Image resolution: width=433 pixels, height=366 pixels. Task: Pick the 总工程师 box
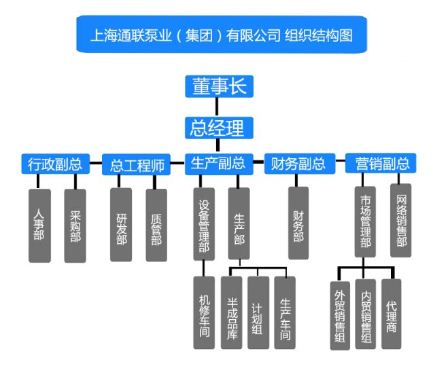click(x=137, y=164)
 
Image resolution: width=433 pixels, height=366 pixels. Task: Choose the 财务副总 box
click(x=298, y=164)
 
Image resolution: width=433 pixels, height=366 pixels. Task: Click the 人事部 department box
click(x=39, y=225)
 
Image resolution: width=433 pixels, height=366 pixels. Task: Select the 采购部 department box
click(x=75, y=225)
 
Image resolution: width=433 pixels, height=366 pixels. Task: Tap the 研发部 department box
click(x=121, y=225)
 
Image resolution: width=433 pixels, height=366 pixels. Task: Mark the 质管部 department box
click(x=156, y=225)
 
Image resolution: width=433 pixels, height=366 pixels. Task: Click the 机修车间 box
click(x=204, y=312)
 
